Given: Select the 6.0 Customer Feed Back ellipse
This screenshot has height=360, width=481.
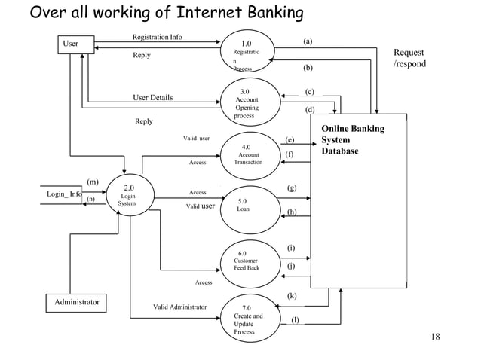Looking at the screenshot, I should point(249,261).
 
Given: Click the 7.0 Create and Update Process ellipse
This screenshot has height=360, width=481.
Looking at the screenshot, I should point(249,319).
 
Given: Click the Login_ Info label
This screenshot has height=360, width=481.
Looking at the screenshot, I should point(65,194).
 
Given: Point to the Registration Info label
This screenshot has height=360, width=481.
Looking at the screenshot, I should point(157,36).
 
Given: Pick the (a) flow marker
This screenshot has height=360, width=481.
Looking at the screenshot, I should point(308,42).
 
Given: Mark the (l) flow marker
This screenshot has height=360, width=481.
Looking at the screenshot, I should point(295,320).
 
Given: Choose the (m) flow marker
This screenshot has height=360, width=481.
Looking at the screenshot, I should point(93,182).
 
